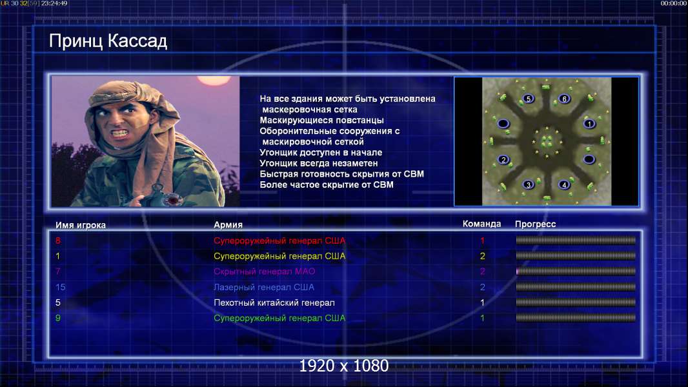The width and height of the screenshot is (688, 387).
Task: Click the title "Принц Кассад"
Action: (x=108, y=41)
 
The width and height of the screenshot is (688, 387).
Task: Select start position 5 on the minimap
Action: (x=529, y=99)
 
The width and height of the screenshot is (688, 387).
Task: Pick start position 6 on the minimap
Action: (x=564, y=99)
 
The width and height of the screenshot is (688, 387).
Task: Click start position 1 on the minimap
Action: (x=589, y=124)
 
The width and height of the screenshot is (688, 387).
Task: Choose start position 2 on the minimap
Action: (x=503, y=159)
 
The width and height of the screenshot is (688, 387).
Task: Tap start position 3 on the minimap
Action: (x=529, y=184)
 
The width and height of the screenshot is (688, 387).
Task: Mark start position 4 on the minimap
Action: (x=564, y=184)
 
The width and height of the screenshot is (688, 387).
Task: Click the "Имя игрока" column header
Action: (x=80, y=225)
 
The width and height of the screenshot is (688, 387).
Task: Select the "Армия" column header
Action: (x=228, y=224)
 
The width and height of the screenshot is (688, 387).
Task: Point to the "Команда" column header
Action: (x=481, y=224)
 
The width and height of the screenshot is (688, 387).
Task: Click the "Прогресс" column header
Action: (x=535, y=224)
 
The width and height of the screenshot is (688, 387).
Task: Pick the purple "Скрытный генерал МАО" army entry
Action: (x=265, y=272)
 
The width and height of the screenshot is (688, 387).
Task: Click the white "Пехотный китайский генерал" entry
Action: (x=274, y=303)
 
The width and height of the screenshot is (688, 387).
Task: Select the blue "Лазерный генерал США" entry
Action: (x=264, y=287)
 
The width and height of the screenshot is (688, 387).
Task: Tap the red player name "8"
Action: (x=58, y=240)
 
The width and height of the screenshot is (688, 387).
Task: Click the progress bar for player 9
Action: (x=576, y=318)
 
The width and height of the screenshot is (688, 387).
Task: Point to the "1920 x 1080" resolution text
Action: (x=344, y=366)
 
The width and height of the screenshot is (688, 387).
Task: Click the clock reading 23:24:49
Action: (x=54, y=3)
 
